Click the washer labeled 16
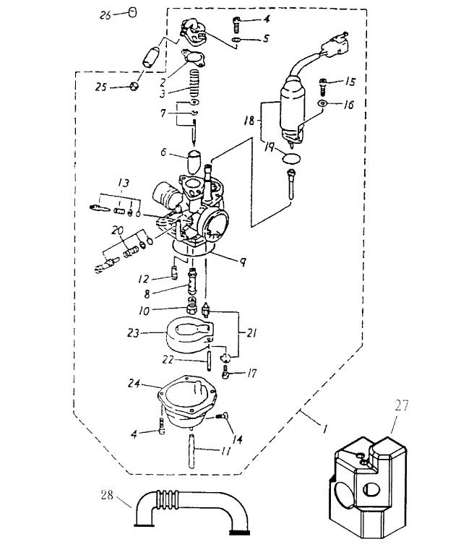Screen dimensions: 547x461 pos(322,104)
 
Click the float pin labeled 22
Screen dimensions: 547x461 pos(209,358)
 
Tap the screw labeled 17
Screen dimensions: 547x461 pos(227,374)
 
